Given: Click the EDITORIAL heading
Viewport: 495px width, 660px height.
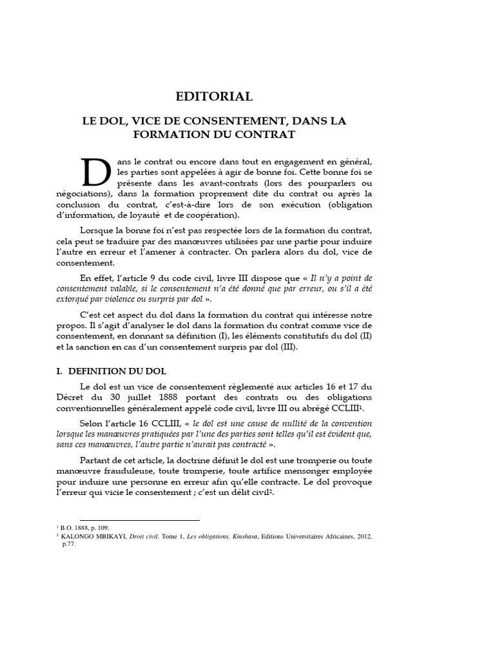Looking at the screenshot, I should point(215,97).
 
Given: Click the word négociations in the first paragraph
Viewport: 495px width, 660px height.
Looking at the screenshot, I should point(83,193).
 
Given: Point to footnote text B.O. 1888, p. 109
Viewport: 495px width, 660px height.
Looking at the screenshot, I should point(81,527).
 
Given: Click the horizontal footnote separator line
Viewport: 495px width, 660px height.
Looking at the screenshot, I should point(139,519).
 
